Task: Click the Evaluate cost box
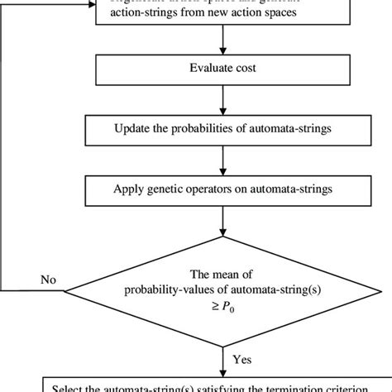(x=221, y=69)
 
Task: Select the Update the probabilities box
(x=221, y=130)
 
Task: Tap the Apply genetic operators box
(x=221, y=190)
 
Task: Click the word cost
(x=244, y=69)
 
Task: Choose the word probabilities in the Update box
(x=204, y=130)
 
